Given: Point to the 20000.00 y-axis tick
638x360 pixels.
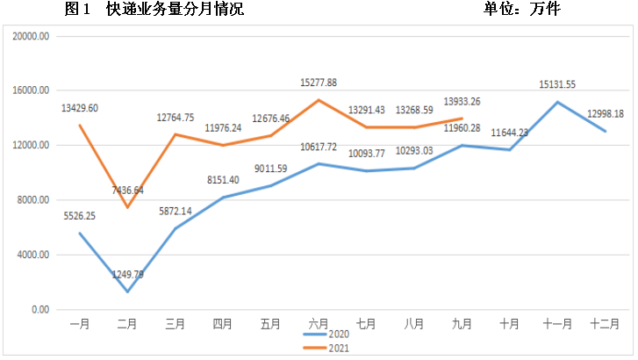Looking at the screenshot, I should tap(32, 36).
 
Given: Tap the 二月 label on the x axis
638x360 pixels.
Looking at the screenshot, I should tap(128, 323).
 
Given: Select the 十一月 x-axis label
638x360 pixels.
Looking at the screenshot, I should tap(557, 323).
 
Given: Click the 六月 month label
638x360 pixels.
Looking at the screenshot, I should tap(319, 323).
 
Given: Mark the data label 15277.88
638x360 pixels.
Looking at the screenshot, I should tap(319, 82).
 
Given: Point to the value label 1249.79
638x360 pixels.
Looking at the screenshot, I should tap(129, 275).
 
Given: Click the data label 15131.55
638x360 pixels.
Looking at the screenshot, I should tap(557, 84).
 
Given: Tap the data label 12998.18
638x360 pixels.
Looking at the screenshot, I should tap(605, 114).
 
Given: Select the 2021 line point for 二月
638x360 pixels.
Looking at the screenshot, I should tap(128, 207).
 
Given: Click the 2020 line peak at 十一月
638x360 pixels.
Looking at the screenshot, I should tap(557, 102).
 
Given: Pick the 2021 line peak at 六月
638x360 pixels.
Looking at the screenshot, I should tap(319, 100).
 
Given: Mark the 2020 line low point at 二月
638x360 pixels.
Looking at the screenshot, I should tap(128, 292).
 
